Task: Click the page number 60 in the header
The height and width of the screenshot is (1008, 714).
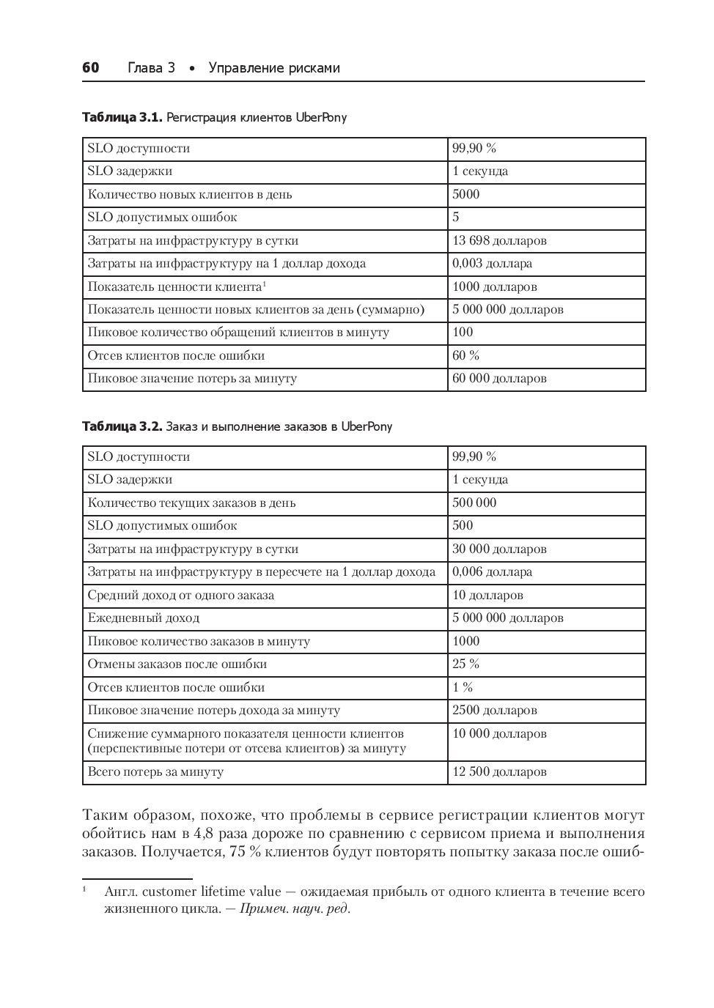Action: [90, 68]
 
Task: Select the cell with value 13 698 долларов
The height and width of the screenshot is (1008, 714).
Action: [499, 240]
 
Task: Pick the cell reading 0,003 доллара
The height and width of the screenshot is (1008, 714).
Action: [492, 263]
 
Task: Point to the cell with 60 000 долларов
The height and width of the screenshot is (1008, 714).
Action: [499, 379]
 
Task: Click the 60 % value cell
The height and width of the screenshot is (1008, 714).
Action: [465, 355]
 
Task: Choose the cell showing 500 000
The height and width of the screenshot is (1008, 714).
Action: [474, 503]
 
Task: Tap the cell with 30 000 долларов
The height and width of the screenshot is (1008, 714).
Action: [499, 549]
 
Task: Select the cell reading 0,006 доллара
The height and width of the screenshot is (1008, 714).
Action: [492, 571]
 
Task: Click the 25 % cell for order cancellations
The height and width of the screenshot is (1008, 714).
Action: [465, 664]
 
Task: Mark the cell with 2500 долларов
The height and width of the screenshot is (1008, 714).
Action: [494, 710]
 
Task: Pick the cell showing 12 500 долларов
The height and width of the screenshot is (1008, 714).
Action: [499, 771]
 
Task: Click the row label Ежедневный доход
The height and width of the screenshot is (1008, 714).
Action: [144, 618]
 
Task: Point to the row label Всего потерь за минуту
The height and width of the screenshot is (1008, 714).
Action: [155, 771]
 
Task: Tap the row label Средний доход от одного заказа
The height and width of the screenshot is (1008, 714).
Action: [181, 595]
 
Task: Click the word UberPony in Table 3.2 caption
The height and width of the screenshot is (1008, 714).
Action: [367, 426]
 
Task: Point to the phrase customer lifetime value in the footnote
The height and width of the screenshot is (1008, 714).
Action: [212, 892]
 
